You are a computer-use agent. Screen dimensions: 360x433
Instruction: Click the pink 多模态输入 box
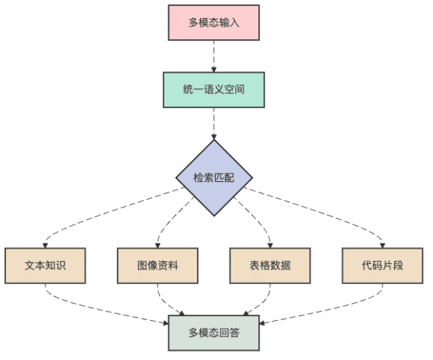pyautogui.click(x=214, y=22)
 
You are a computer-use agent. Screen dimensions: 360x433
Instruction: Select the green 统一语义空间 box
pyautogui.click(x=214, y=90)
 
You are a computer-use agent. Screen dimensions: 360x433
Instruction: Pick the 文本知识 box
pyautogui.click(x=45, y=265)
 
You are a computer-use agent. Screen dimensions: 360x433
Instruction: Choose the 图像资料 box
pyautogui.click(x=158, y=265)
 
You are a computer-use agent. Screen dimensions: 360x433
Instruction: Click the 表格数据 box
pyautogui.click(x=270, y=265)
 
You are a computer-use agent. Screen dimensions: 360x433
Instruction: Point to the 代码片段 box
pyautogui.click(x=382, y=265)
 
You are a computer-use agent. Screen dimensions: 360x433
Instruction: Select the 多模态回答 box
pyautogui.click(x=214, y=332)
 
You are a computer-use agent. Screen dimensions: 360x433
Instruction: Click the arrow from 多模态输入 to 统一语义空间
pyautogui.click(x=214, y=56)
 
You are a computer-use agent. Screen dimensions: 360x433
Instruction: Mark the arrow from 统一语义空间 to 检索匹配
pyautogui.click(x=214, y=123)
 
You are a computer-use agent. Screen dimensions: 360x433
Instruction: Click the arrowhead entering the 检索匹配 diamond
pyautogui.click(x=214, y=136)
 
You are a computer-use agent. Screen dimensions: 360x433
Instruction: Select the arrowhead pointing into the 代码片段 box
pyautogui.click(x=382, y=244)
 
